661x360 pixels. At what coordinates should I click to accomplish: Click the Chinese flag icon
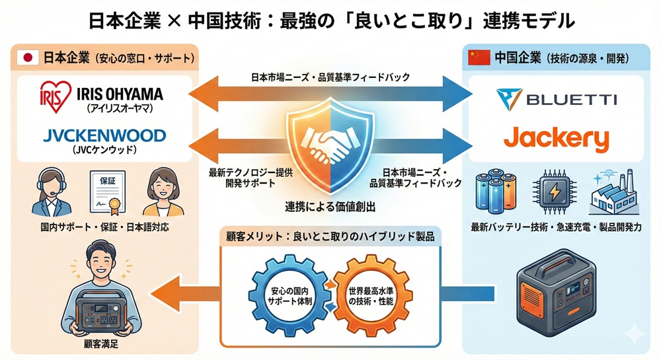point(478,57)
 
